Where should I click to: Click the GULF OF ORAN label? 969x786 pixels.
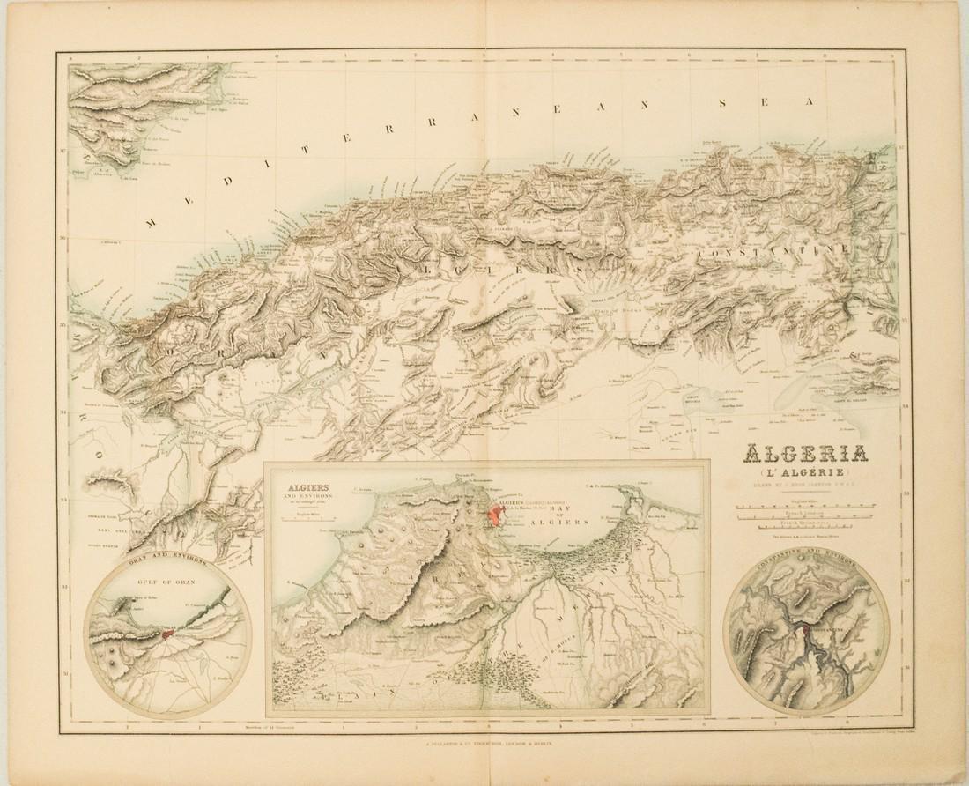pyautogui.click(x=167, y=582)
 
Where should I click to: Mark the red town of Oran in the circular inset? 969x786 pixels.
pyautogui.click(x=167, y=633)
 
